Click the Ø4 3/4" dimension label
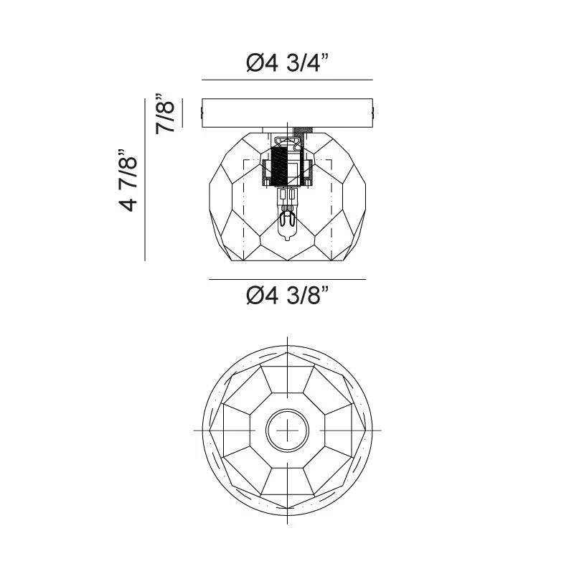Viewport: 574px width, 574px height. tap(288, 62)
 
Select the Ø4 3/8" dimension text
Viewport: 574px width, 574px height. tap(288, 295)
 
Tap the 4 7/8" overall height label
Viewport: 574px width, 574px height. tap(128, 180)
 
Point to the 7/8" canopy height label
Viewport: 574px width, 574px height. tap(165, 113)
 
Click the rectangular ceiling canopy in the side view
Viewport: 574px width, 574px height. tap(288, 113)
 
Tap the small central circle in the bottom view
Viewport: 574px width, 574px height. tap(288, 430)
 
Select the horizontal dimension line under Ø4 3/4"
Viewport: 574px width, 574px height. tap(288, 80)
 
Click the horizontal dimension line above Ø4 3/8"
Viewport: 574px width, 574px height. tap(288, 279)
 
